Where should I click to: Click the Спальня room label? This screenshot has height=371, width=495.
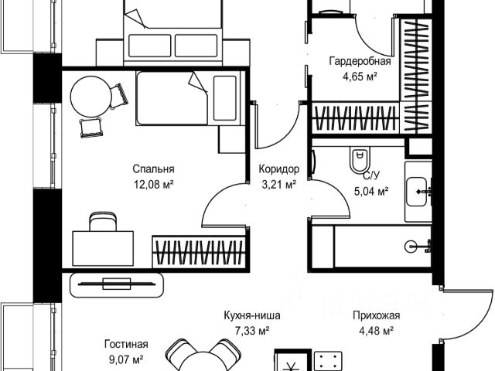[153, 170]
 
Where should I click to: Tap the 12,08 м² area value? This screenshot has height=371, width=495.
[153, 184]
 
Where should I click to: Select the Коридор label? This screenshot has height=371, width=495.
[278, 170]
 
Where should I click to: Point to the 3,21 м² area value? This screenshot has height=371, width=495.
[278, 184]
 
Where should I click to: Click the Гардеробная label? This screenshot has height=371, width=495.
[360, 63]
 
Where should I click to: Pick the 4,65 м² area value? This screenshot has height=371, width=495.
[360, 77]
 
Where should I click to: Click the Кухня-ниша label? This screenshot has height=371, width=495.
[252, 316]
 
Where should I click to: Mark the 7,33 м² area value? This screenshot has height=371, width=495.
[252, 331]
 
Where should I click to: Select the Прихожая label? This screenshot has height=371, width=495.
[375, 316]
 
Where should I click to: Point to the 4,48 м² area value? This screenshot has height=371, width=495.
[375, 331]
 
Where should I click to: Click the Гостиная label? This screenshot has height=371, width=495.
[126, 345]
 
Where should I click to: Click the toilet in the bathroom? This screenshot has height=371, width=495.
[358, 160]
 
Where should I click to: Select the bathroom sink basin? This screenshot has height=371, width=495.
[421, 188]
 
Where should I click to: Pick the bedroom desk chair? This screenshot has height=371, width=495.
[98, 223]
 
